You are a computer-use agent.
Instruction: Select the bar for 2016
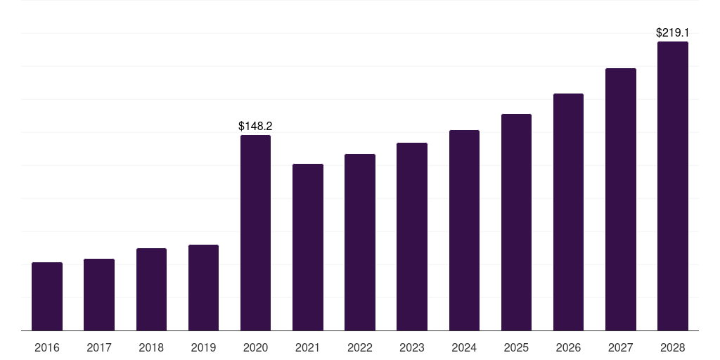point(47,297)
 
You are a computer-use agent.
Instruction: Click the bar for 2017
point(99,295)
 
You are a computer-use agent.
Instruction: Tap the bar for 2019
point(203,288)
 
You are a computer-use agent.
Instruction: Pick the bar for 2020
point(255,233)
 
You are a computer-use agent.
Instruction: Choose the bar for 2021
point(308,247)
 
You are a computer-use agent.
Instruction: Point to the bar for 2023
point(412,237)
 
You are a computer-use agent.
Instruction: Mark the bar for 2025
point(516,222)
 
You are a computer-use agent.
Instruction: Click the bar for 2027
point(621,200)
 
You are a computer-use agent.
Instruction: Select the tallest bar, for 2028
point(673,186)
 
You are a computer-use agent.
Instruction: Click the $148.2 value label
point(255,127)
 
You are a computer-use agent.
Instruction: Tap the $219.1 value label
point(673,32)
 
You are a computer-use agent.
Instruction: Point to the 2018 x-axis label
point(151,347)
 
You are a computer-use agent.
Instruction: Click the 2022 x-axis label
point(360,347)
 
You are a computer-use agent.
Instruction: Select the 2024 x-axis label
point(464,347)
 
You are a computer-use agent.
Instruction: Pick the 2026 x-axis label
point(568,347)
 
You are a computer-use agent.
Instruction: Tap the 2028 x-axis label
point(673,347)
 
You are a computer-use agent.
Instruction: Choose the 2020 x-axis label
point(255,347)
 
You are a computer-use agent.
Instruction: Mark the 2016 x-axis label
point(47,347)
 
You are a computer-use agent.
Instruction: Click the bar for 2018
point(152,290)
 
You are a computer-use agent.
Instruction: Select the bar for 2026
point(568,212)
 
